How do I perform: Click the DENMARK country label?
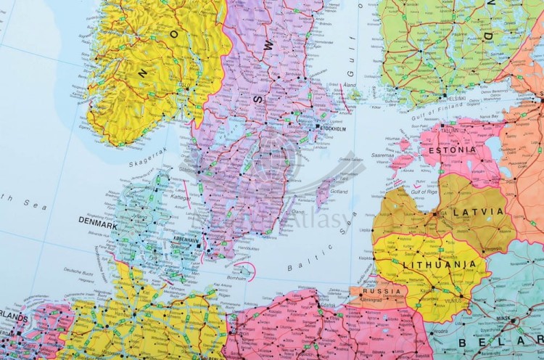(98, 226)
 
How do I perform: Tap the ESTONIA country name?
(453, 150)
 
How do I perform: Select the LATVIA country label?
(478, 211)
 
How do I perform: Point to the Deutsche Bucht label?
(78, 270)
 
